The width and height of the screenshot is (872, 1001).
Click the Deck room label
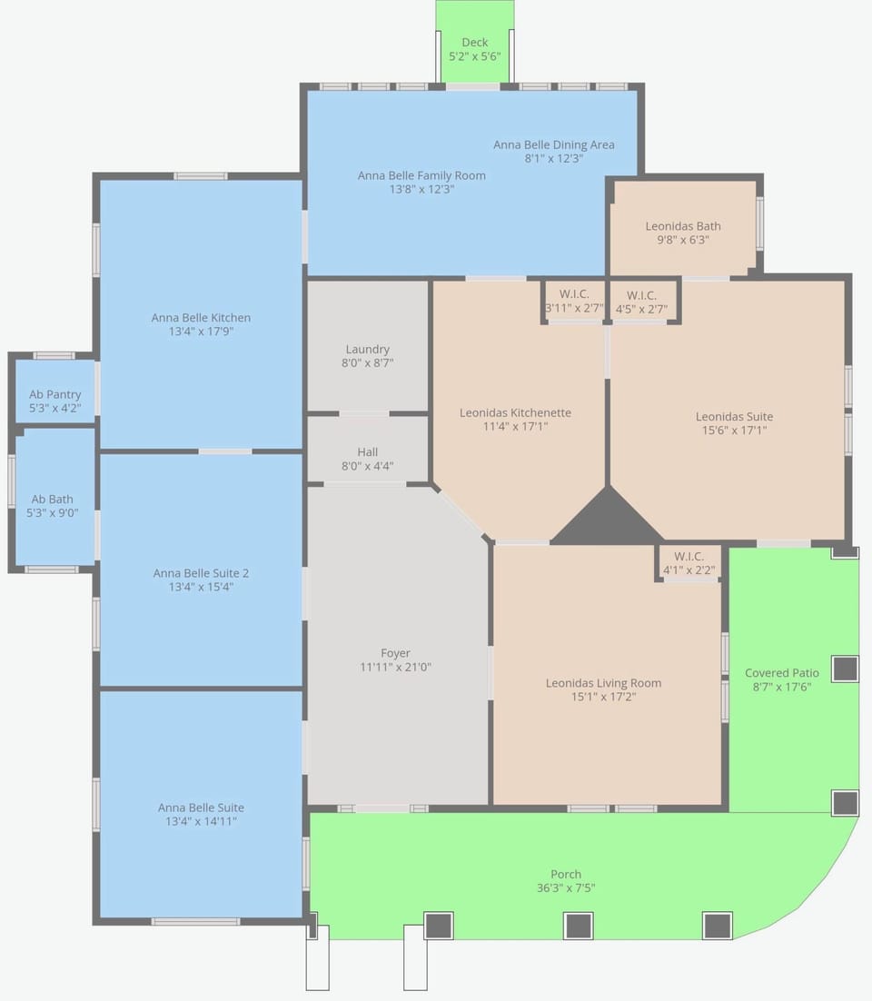pos(475,42)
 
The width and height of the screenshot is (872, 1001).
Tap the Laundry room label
pos(367,349)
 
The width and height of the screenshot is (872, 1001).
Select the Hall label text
pos(368,452)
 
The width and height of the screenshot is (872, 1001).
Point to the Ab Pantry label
pos(54,394)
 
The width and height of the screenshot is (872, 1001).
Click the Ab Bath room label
pos(53,500)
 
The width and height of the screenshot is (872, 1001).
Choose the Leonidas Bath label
pos(683,226)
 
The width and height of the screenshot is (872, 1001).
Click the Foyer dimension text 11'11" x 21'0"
pos(396,667)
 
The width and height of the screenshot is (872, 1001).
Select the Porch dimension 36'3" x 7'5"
pos(566,888)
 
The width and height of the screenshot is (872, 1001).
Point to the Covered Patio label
pos(782,673)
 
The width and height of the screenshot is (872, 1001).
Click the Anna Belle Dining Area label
pos(554,145)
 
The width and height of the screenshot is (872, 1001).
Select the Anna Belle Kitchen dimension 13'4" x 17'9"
pos(201,332)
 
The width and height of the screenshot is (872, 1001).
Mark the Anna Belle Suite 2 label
pos(201,573)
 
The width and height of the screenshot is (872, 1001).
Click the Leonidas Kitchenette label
pos(515,413)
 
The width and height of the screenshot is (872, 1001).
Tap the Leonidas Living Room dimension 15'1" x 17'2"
pos(604,697)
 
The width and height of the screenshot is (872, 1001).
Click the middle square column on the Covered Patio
pos(845,669)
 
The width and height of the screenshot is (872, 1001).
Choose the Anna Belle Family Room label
pos(421,175)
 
